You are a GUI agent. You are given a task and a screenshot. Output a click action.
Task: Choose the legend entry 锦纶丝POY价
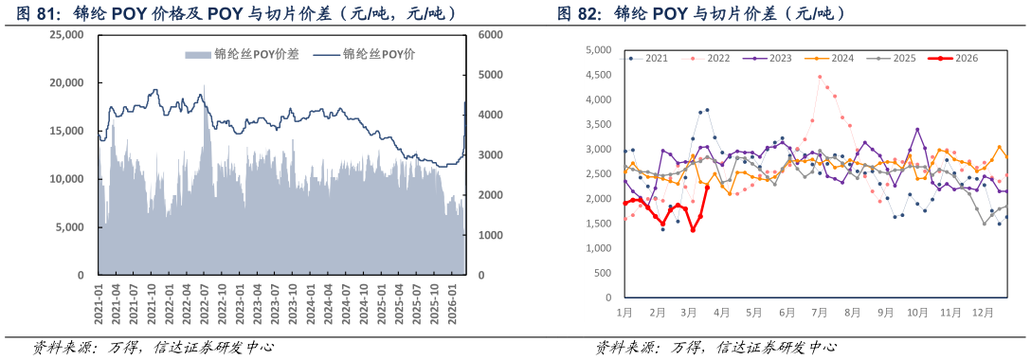click(378, 55)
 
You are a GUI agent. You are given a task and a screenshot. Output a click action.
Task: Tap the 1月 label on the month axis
click(625, 312)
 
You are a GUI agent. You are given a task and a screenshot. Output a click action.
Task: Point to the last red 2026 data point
click(707, 188)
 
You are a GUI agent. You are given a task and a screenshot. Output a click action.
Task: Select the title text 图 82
click(580, 13)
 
